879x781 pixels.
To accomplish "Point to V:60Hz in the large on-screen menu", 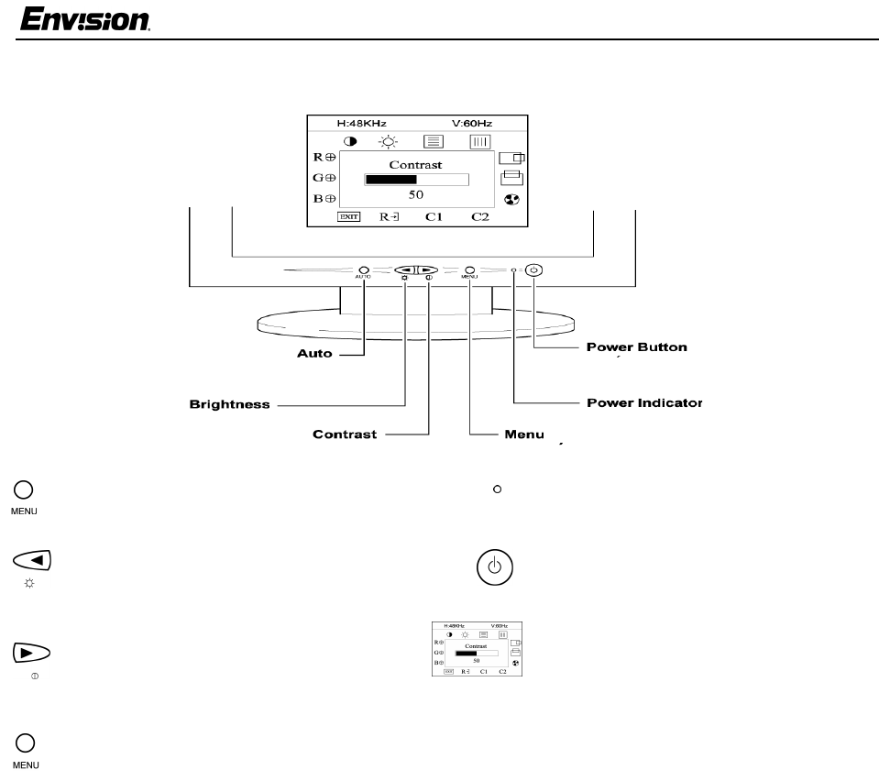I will [x=473, y=123].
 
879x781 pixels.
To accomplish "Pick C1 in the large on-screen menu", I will [x=434, y=217].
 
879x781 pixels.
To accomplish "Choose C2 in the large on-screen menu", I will [x=480, y=217].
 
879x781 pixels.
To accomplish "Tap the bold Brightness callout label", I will [x=229, y=404].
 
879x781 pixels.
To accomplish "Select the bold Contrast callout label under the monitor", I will [x=345, y=434].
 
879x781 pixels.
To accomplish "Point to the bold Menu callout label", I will [x=524, y=434].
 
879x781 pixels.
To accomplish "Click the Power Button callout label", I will [x=636, y=348].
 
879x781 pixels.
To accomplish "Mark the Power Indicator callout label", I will [x=643, y=403].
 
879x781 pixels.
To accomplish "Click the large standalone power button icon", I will [x=494, y=566].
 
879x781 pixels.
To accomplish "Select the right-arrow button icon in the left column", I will [x=32, y=654].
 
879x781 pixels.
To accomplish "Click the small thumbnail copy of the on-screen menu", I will [x=477, y=649].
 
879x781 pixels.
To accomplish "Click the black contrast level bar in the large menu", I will [x=390, y=180].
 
